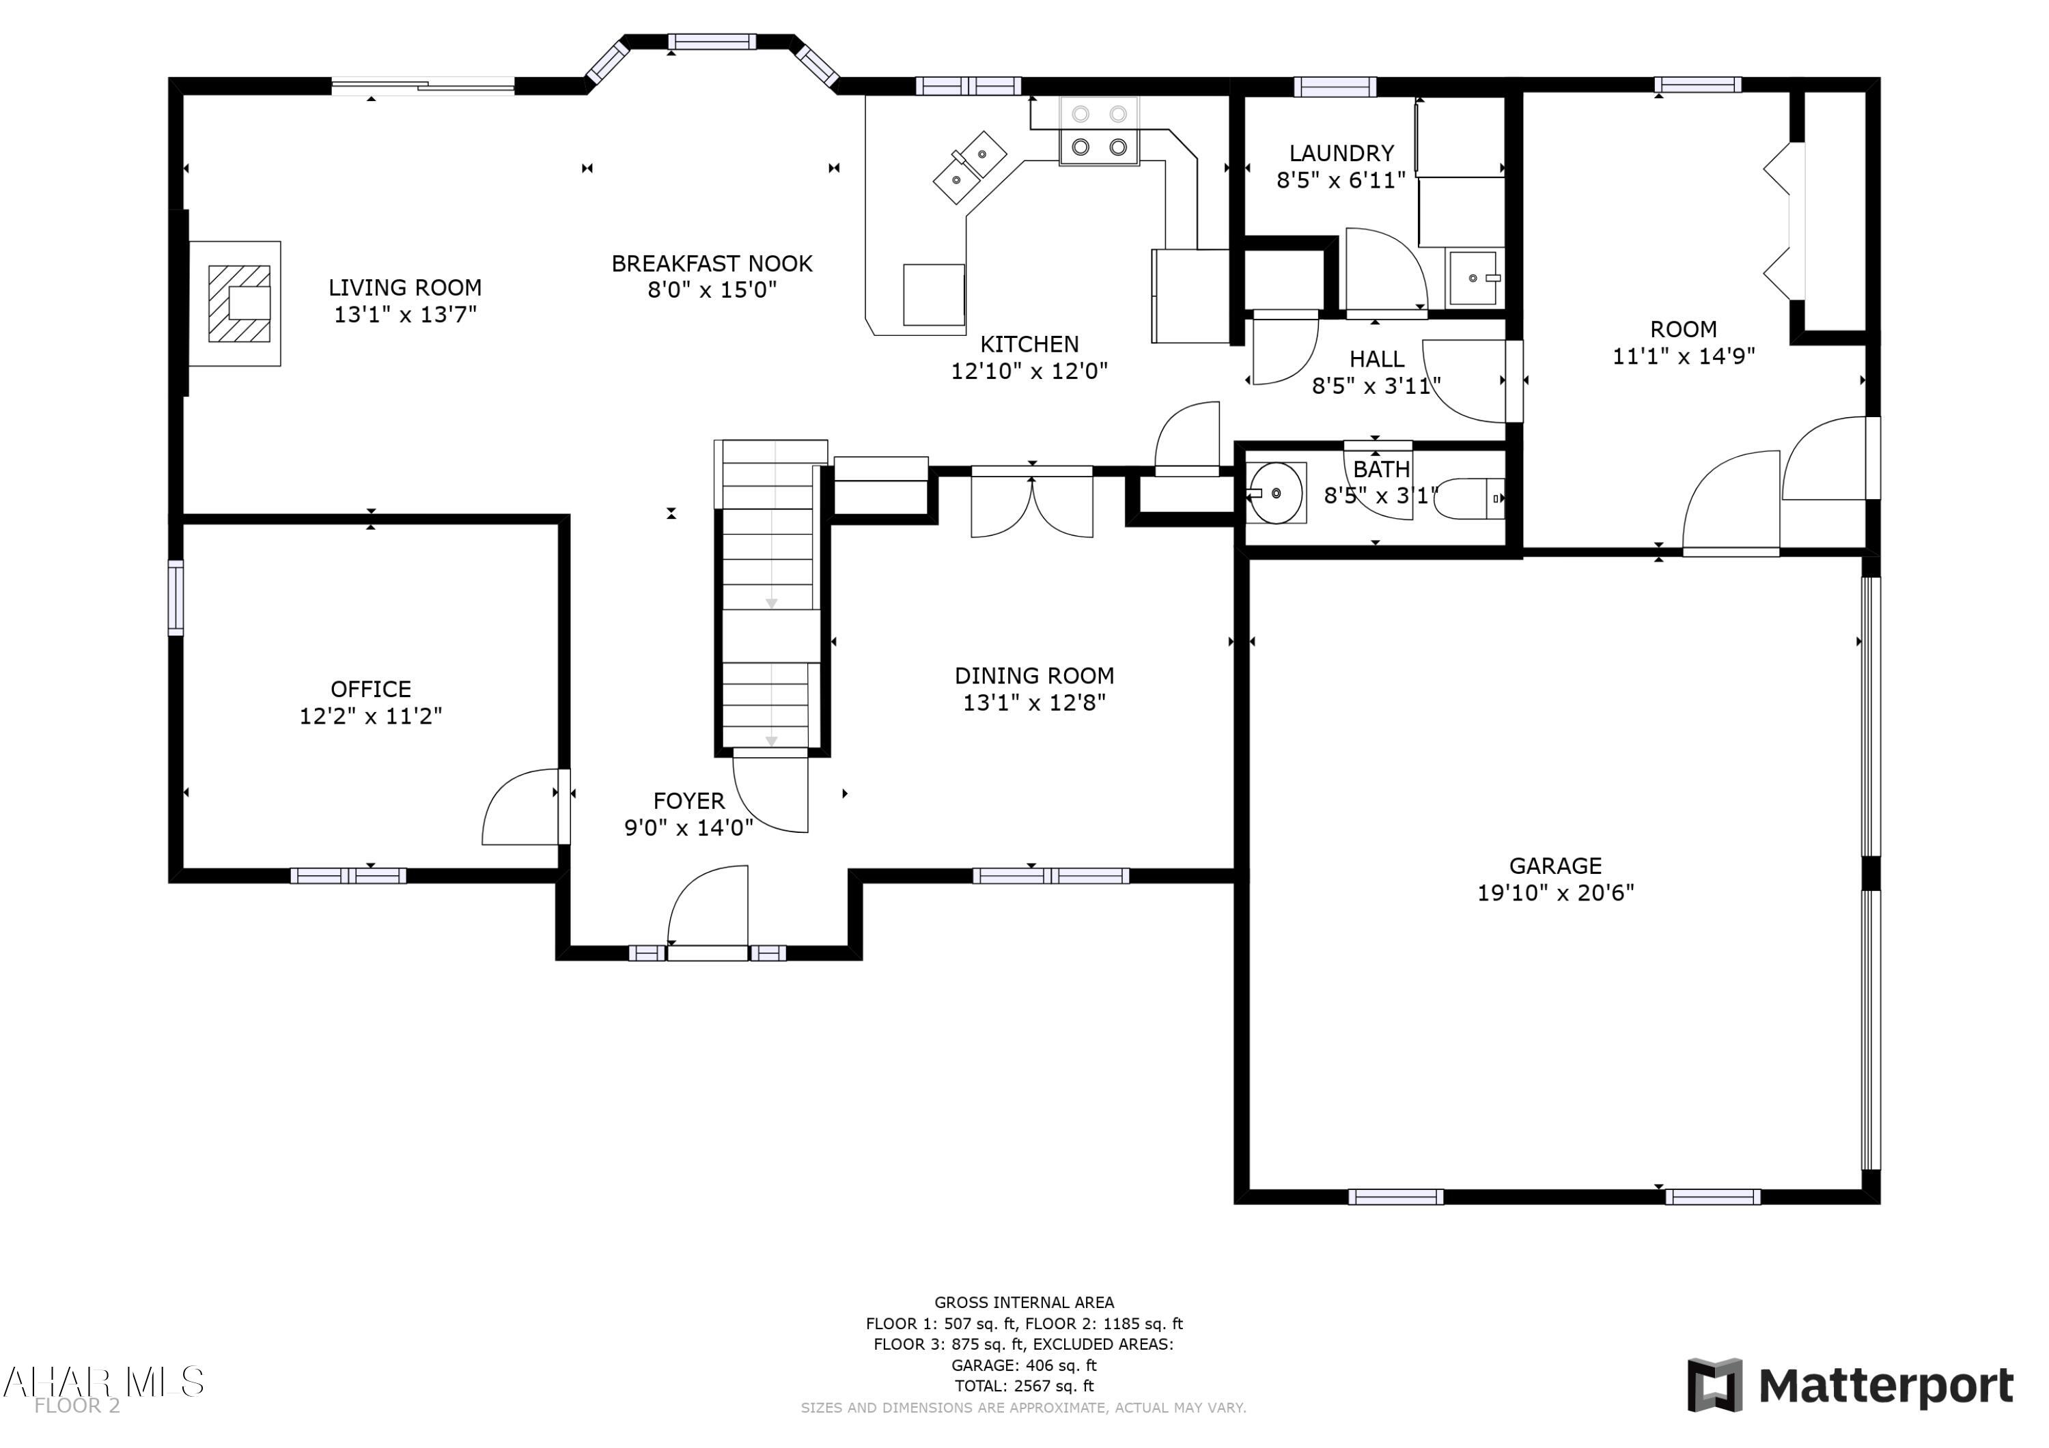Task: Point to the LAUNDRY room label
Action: pyautogui.click(x=1341, y=154)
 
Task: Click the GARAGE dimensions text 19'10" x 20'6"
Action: pyautogui.click(x=1555, y=892)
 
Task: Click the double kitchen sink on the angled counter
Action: pyautogui.click(x=970, y=167)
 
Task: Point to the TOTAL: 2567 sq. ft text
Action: pyautogui.click(x=1024, y=1386)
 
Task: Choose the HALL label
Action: pyautogui.click(x=1376, y=358)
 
